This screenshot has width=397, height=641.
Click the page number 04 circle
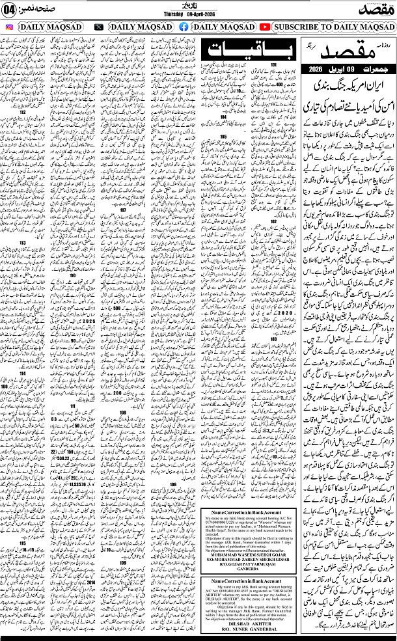(x=12, y=10)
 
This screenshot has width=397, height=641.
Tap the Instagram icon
(x=9, y=27)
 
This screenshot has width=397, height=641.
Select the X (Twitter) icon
(x=98, y=27)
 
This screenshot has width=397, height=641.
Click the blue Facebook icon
(x=183, y=27)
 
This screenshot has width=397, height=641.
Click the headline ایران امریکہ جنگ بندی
(x=349, y=85)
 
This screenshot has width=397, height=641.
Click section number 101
(x=274, y=65)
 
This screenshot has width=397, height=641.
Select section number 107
(x=122, y=210)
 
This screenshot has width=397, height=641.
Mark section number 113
(x=22, y=243)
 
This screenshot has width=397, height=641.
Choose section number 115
(x=22, y=543)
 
